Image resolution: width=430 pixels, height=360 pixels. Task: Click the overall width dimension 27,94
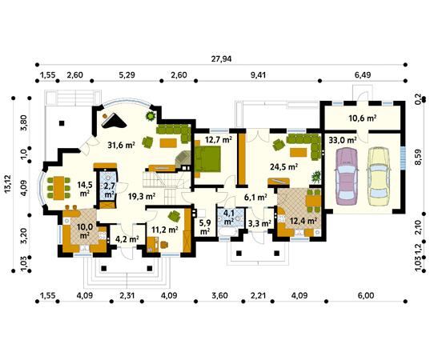pos(221,59)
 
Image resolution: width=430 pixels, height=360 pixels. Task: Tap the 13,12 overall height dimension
pos(8,183)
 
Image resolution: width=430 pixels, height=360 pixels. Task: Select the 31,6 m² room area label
pos(121,145)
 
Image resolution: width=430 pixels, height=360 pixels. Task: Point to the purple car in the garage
pos(346,176)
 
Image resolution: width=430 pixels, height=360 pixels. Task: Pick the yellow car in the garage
pos(379,176)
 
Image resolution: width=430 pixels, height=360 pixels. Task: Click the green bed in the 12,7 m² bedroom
pos(207,158)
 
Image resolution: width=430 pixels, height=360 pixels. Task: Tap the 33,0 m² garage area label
pos(343,140)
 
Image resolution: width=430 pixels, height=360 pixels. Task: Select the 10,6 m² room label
pos(362,118)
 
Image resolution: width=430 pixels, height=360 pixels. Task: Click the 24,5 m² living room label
pos(284,166)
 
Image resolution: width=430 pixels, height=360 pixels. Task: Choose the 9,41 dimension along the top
pos(258,74)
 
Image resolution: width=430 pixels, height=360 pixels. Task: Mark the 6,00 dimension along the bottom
pos(366,296)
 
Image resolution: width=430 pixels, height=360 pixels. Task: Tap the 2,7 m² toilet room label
pos(109,190)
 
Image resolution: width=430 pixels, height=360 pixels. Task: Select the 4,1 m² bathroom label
pos(228,218)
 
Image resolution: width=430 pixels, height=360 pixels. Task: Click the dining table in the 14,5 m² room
pos(58,188)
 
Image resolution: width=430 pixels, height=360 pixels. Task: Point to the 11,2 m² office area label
pos(165,230)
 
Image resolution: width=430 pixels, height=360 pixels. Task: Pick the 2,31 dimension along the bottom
pos(127,296)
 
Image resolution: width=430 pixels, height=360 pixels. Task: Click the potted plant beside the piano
pos(151,116)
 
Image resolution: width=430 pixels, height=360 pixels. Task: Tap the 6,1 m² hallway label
pos(255,197)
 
